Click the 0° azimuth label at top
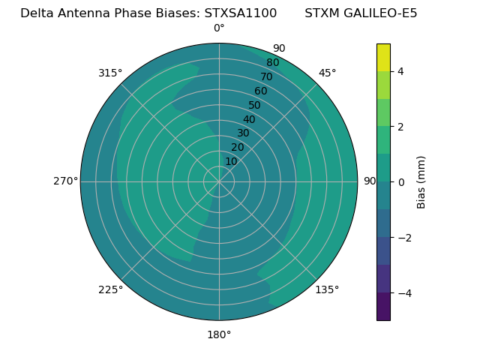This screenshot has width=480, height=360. [219, 28]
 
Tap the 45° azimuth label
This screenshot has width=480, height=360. [327, 73]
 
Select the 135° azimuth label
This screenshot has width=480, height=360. [327, 289]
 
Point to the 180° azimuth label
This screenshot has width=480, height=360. [219, 334]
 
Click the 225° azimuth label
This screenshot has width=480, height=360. [110, 289]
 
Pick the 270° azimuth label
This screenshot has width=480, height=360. [66, 181]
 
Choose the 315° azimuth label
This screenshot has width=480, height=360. [110, 73]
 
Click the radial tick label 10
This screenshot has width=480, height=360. [231, 162]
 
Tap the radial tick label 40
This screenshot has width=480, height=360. [249, 120]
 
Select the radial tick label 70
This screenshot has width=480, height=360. [266, 77]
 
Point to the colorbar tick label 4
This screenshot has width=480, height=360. [400, 71]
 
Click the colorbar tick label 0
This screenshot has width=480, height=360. [400, 182]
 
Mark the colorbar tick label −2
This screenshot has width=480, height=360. [403, 238]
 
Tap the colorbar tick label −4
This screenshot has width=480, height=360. [403, 293]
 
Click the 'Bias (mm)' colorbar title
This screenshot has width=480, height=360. [421, 182]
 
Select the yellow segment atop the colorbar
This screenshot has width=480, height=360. [383, 58]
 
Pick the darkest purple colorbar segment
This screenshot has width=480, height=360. [383, 307]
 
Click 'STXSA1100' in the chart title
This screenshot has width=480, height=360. [240, 13]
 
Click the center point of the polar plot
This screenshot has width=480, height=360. [219, 181]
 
